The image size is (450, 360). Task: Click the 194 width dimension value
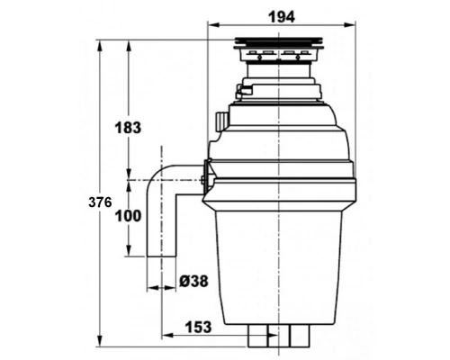coord(282,17)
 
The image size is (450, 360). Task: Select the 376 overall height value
coord(100,202)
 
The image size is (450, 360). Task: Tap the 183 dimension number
coord(128,128)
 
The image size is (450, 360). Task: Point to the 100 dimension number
coord(128,216)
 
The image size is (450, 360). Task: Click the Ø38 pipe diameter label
coord(193,282)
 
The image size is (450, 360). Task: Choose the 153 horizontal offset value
coord(198,327)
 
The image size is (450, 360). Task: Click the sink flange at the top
coord(278,43)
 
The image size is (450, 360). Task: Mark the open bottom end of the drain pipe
coord(161,256)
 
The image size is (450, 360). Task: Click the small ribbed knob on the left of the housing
coord(221,121)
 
